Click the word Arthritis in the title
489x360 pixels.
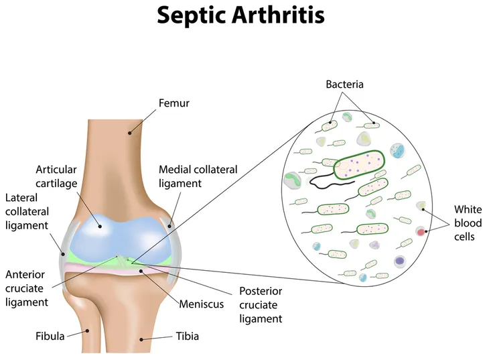pyautogui.click(x=278, y=15)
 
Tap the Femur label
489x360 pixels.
pyautogui.click(x=174, y=103)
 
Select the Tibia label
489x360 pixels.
pyautogui.click(x=187, y=337)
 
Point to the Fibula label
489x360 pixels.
pyautogui.click(x=50, y=337)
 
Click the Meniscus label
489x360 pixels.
pyautogui.click(x=202, y=304)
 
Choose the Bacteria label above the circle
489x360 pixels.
pyautogui.click(x=344, y=84)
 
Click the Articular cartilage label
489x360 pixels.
pyautogui.click(x=56, y=176)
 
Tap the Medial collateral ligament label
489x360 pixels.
pyautogui.click(x=198, y=176)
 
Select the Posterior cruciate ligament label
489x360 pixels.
pyautogui.click(x=261, y=305)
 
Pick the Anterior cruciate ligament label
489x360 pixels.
pyautogui.click(x=27, y=288)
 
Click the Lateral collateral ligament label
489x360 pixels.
pyautogui.click(x=27, y=212)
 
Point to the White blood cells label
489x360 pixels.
pyautogui.click(x=468, y=223)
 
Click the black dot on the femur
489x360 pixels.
pyautogui.click(x=130, y=133)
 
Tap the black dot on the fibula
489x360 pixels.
pyautogui.click(x=88, y=331)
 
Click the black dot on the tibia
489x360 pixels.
pyautogui.click(x=141, y=339)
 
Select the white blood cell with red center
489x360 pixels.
pyautogui.click(x=421, y=232)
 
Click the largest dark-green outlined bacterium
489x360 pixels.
pyautogui.click(x=359, y=164)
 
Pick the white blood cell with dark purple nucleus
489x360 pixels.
pyautogui.click(x=399, y=261)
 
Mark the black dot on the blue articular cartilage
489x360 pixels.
pyautogui.click(x=100, y=226)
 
